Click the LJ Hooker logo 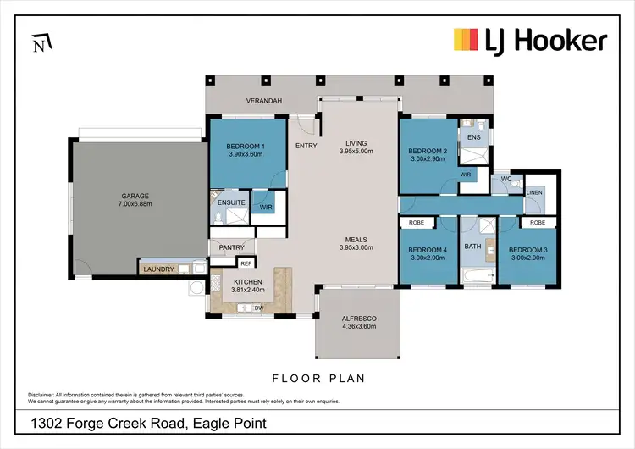pos(531,40)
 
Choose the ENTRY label pos(306,146)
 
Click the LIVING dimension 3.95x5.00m pos(356,152)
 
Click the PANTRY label pos(231,248)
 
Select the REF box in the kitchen pos(246,263)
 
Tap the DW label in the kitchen pos(258,308)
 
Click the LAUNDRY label pos(158,269)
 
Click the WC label pos(505,180)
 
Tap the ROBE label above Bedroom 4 pos(416,222)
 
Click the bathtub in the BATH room pos(479,276)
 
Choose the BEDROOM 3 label pos(527,250)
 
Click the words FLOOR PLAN pos(317,378)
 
